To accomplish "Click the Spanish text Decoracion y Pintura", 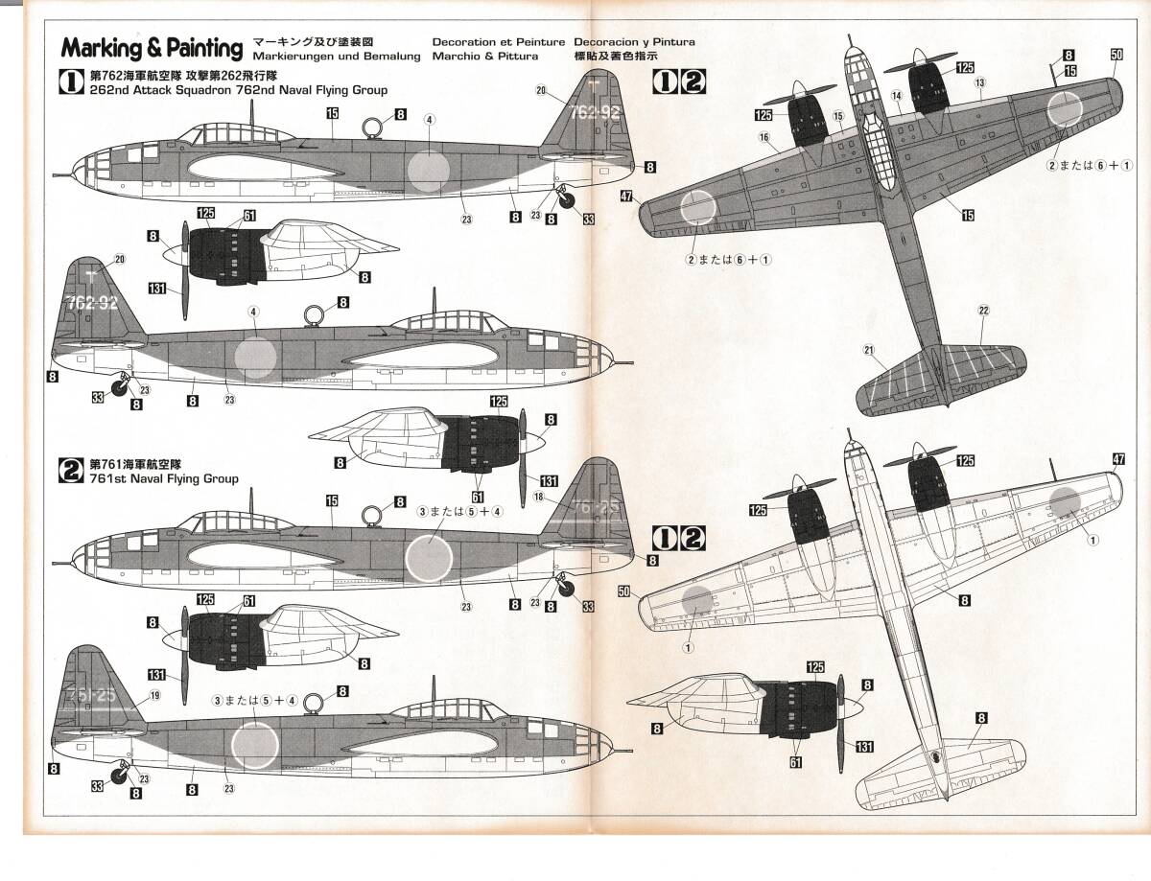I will pos(634,42).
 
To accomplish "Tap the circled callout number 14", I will pos(896,95).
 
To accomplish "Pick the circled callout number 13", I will pos(979,83).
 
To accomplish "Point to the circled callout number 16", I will pos(764,137).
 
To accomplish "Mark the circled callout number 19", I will pos(155,696).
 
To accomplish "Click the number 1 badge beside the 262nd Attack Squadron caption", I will pos(71,83).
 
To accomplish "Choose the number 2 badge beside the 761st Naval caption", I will pos(71,471).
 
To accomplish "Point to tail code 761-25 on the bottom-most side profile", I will pos(85,694).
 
